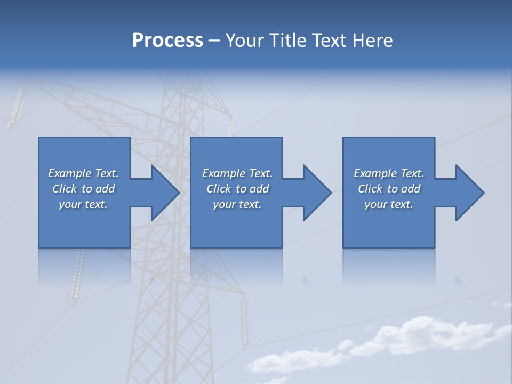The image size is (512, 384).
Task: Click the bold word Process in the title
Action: pyautogui.click(x=167, y=41)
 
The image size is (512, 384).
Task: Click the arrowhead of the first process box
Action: pyautogui.click(x=165, y=193)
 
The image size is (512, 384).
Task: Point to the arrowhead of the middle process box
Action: pyautogui.click(x=317, y=193)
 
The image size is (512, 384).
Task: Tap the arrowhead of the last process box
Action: pyautogui.click(x=469, y=193)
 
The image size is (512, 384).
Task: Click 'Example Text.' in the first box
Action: pyautogui.click(x=83, y=173)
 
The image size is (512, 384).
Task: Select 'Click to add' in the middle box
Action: pyautogui.click(x=237, y=189)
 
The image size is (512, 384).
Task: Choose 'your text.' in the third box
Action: pyautogui.click(x=389, y=204)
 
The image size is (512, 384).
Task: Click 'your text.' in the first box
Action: pyautogui.click(x=83, y=204)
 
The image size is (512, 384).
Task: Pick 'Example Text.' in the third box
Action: pyautogui.click(x=389, y=173)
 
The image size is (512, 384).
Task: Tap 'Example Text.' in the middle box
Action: pyautogui.click(x=237, y=173)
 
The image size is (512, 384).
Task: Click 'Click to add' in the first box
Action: pyautogui.click(x=83, y=189)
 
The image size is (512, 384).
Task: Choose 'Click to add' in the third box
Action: pyautogui.click(x=389, y=189)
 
